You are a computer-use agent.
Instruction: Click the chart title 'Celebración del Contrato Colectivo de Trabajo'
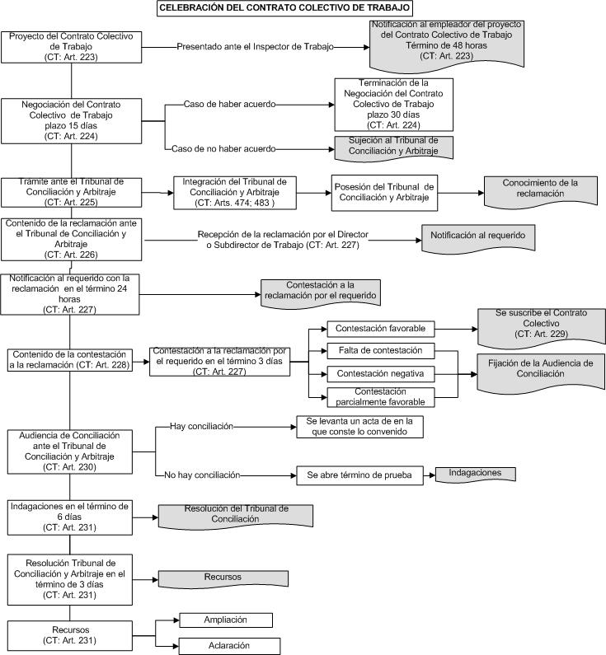[284, 8]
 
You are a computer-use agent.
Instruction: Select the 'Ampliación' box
[226, 620]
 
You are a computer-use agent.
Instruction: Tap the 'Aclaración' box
[229, 646]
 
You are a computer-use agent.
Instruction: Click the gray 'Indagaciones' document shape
[475, 474]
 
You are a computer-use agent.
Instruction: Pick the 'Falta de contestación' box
[381, 351]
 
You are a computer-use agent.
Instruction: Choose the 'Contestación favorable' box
[381, 329]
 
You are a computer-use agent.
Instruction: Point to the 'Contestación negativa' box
[381, 374]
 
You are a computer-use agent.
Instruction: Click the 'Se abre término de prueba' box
[359, 475]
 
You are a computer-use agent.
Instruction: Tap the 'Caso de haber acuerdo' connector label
[229, 105]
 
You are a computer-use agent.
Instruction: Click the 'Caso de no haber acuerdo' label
[223, 148]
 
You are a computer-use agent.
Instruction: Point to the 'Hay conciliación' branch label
[201, 427]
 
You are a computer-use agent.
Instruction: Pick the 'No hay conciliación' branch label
[202, 475]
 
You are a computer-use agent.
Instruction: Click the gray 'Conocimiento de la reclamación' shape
[541, 191]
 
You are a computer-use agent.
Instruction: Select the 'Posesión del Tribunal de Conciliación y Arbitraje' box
[384, 193]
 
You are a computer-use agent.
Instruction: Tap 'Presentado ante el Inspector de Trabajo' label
[255, 47]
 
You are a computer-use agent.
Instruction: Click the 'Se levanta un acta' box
[359, 427]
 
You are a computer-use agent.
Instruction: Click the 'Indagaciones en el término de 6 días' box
[70, 517]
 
